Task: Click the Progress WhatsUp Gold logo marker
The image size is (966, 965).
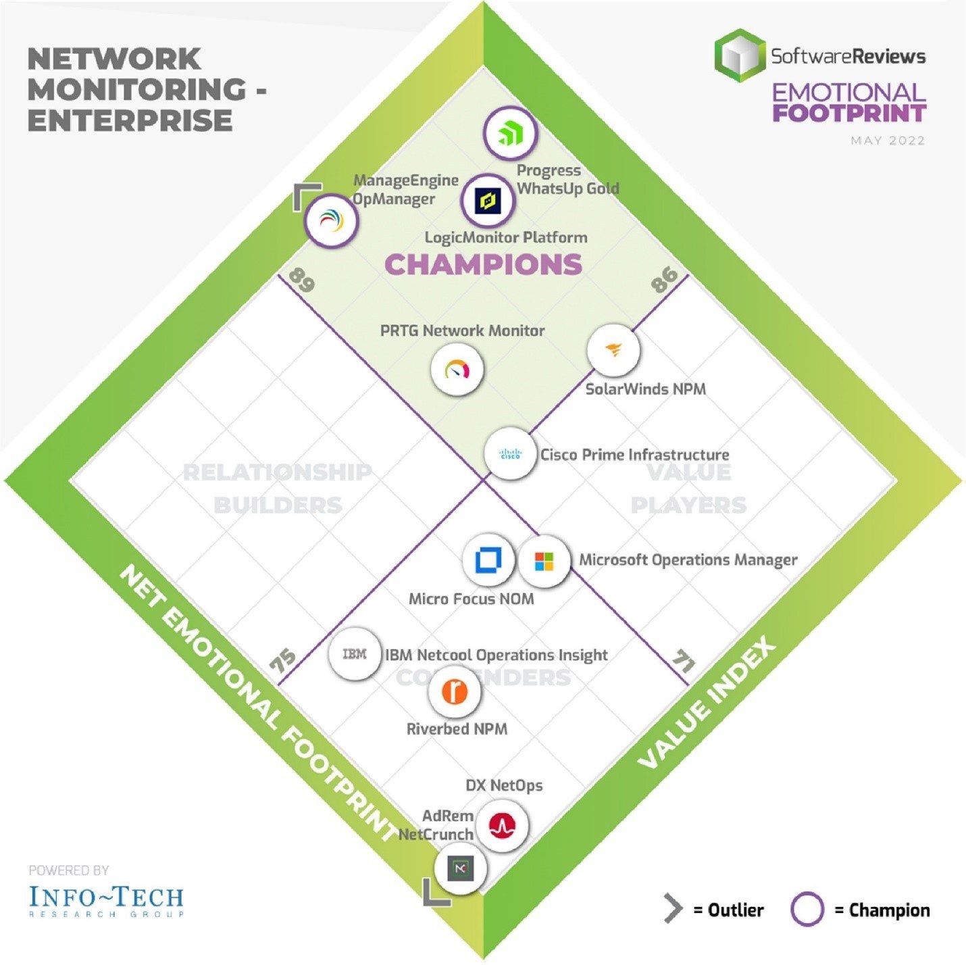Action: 510,133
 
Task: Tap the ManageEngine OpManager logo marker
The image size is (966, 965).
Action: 330,220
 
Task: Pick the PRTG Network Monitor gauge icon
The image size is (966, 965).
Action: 457,370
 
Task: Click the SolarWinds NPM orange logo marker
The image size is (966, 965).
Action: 613,350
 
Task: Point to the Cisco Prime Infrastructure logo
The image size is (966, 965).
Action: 510,453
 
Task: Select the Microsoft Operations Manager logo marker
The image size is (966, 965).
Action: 544,561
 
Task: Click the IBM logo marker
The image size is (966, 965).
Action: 355,653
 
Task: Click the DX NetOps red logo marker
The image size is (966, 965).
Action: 502,825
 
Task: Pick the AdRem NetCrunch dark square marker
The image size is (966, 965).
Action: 460,868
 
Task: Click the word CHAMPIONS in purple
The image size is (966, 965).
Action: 483,264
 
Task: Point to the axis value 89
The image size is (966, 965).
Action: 301,280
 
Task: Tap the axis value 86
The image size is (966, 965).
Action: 665,278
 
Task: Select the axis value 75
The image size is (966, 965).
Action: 283,660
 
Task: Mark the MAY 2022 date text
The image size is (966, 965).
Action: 888,141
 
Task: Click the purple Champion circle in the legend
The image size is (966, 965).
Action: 807,910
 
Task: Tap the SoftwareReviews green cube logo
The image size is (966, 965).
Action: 740,55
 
